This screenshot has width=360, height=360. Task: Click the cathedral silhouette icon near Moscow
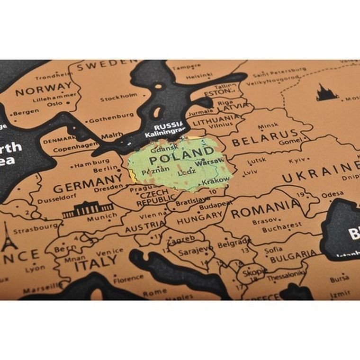[327, 92]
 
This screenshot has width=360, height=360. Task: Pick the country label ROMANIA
[265, 209]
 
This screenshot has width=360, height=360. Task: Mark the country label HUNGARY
[200, 218]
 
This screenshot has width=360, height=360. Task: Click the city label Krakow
[216, 180]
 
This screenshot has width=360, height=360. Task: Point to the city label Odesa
[332, 195]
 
